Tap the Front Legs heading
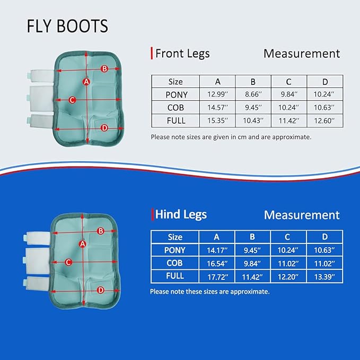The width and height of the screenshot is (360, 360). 182,53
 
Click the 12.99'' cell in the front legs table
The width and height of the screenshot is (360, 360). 217,94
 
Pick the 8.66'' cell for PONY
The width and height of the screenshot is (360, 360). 253,94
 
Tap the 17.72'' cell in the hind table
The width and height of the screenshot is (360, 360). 217,276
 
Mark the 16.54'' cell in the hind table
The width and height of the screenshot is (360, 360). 217,263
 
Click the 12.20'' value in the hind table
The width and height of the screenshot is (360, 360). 288,276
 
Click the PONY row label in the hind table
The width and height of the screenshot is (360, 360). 175,250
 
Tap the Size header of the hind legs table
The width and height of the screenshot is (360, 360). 175,237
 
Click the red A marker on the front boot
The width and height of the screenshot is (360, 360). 86,81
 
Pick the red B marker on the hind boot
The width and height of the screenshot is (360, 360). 101,231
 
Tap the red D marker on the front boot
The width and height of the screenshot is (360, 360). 104,127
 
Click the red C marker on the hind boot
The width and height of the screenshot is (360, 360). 68,262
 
